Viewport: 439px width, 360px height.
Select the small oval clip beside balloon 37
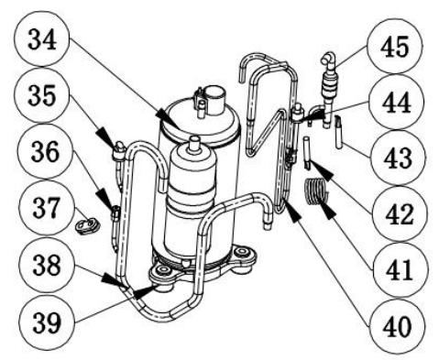(88, 222)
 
